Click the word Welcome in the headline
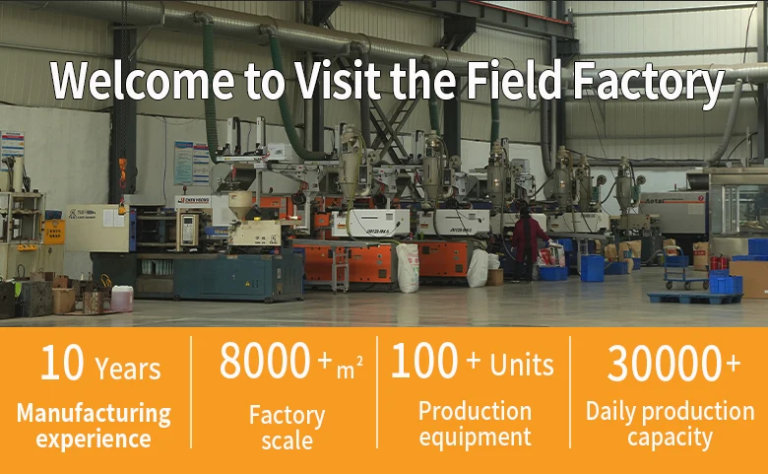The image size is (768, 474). pyautogui.click(x=142, y=81)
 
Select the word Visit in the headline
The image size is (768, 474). pyautogui.click(x=338, y=80)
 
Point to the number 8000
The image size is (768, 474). pyautogui.click(x=265, y=361)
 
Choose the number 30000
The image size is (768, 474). pyautogui.click(x=664, y=364)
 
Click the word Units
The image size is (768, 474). pyautogui.click(x=522, y=365)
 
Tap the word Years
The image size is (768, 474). pyautogui.click(x=127, y=369)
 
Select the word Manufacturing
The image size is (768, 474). pyautogui.click(x=94, y=413)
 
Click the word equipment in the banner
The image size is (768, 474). pyautogui.click(x=475, y=437)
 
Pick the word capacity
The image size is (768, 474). pyautogui.click(x=670, y=438)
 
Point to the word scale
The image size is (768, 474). pyautogui.click(x=288, y=440)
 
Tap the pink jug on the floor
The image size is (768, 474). pyautogui.click(x=122, y=299)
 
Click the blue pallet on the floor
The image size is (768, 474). pyautogui.click(x=694, y=298)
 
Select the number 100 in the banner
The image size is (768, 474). pyautogui.click(x=424, y=361)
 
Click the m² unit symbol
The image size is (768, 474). pyautogui.click(x=350, y=369)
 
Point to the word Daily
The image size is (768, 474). pyautogui.click(x=610, y=412)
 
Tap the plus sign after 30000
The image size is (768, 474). pyautogui.click(x=733, y=364)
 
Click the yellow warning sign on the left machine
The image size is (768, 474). pyautogui.click(x=54, y=232)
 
